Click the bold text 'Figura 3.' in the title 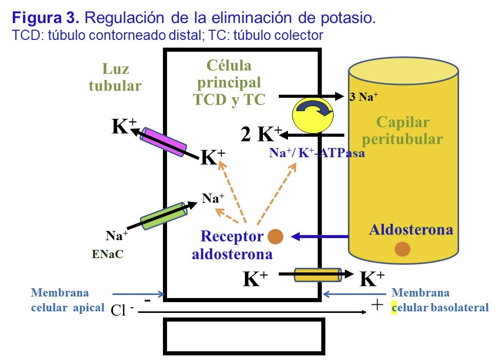point(46,18)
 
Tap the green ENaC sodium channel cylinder point(163,216)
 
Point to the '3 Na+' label point(364,97)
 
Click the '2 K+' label point(261,134)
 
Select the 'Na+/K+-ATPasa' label point(317,152)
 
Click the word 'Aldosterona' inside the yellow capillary point(411,229)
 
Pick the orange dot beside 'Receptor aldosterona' point(276,236)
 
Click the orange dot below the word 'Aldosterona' point(403,249)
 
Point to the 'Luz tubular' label point(115,77)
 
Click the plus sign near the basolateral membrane point(377,305)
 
